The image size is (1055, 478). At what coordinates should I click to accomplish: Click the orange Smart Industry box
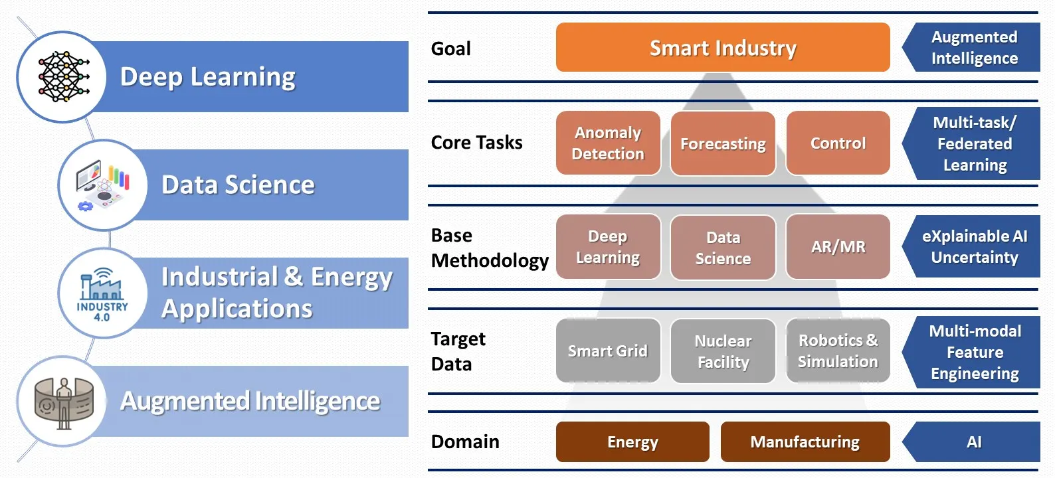point(722,48)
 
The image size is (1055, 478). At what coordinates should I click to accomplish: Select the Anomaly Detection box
point(608,143)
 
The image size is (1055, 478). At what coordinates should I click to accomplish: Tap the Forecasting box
point(723,143)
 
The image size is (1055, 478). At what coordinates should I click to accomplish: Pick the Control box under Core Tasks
point(838,143)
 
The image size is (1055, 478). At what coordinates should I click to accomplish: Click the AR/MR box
point(838,246)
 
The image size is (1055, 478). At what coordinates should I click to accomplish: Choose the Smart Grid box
point(608,351)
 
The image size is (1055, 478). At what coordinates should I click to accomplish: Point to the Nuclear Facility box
point(723,351)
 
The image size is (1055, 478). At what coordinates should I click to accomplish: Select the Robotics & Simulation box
point(838,351)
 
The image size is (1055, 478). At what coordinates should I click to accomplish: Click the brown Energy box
point(632,441)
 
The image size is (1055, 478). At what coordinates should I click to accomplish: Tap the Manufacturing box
point(805,441)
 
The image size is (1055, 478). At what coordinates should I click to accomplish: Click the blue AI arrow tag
point(971,441)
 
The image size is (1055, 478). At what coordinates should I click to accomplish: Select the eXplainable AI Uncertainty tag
point(971,246)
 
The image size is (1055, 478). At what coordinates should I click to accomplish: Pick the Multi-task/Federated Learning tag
point(971,143)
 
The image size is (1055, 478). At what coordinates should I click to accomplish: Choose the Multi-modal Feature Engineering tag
point(971,352)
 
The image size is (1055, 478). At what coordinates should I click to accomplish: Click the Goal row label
point(450,48)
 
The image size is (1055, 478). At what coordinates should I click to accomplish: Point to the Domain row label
point(465,441)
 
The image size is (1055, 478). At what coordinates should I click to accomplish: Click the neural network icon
point(64,77)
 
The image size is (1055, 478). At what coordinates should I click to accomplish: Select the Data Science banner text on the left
point(238,185)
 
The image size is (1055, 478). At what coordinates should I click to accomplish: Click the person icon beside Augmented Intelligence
point(64,403)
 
